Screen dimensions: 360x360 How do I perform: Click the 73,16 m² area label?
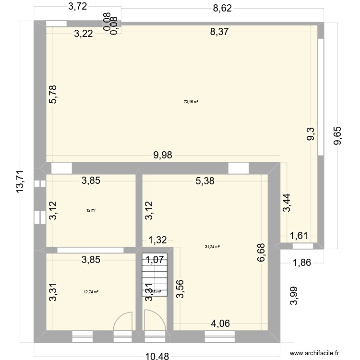pos(191,101)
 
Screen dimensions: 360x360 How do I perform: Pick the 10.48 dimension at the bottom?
pos(157,354)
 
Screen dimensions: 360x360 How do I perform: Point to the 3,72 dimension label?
pos(77,7)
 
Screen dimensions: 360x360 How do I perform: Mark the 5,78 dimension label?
pos(54,94)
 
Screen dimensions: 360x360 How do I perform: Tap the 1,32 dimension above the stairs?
pos(157,240)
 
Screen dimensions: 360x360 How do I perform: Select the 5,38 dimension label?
pos(205,181)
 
